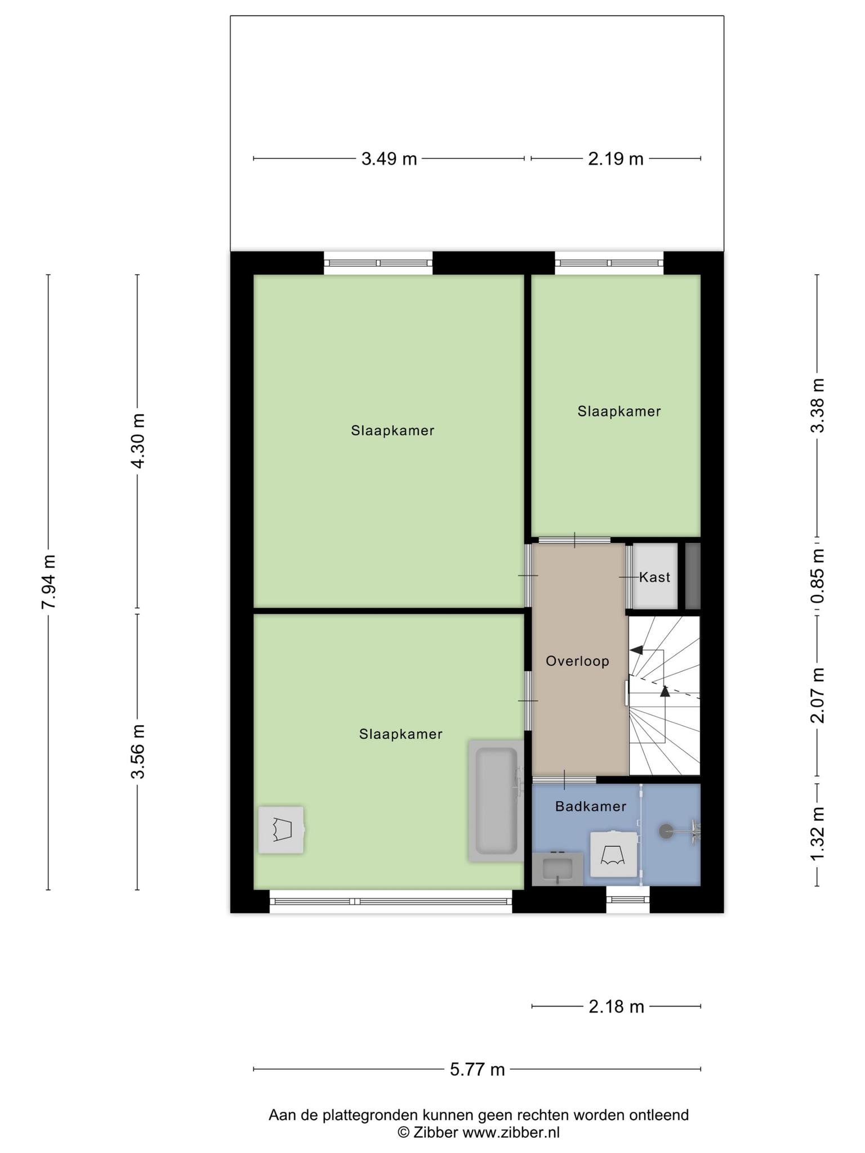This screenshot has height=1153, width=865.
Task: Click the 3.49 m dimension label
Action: (x=389, y=159)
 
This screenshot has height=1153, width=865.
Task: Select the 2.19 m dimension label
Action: (x=616, y=159)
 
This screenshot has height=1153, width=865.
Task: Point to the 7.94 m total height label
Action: (x=48, y=582)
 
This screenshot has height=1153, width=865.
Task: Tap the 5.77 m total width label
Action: (x=478, y=1069)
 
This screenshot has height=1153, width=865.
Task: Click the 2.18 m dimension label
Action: (x=616, y=1006)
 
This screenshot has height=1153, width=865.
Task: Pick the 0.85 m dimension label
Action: (x=818, y=576)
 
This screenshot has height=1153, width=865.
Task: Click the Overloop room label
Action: (x=578, y=661)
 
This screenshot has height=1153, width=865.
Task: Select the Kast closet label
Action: (x=655, y=577)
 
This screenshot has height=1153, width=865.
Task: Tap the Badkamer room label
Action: (x=591, y=806)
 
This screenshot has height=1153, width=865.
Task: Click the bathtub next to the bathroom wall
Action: (x=496, y=801)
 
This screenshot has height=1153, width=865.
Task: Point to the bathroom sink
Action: (x=558, y=869)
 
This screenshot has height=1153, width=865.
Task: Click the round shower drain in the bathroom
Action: (x=666, y=829)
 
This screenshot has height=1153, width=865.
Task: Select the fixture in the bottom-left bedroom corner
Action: (x=281, y=830)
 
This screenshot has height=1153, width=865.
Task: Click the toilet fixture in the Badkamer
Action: (x=614, y=853)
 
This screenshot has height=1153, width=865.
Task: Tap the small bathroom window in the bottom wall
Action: (x=628, y=899)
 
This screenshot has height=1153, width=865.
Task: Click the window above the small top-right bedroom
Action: (x=609, y=263)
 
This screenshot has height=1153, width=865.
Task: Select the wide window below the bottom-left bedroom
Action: (x=391, y=901)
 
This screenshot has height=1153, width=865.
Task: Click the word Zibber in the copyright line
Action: (x=436, y=1133)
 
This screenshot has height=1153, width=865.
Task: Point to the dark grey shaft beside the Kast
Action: (x=693, y=576)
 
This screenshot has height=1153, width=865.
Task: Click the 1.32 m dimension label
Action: (x=818, y=833)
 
